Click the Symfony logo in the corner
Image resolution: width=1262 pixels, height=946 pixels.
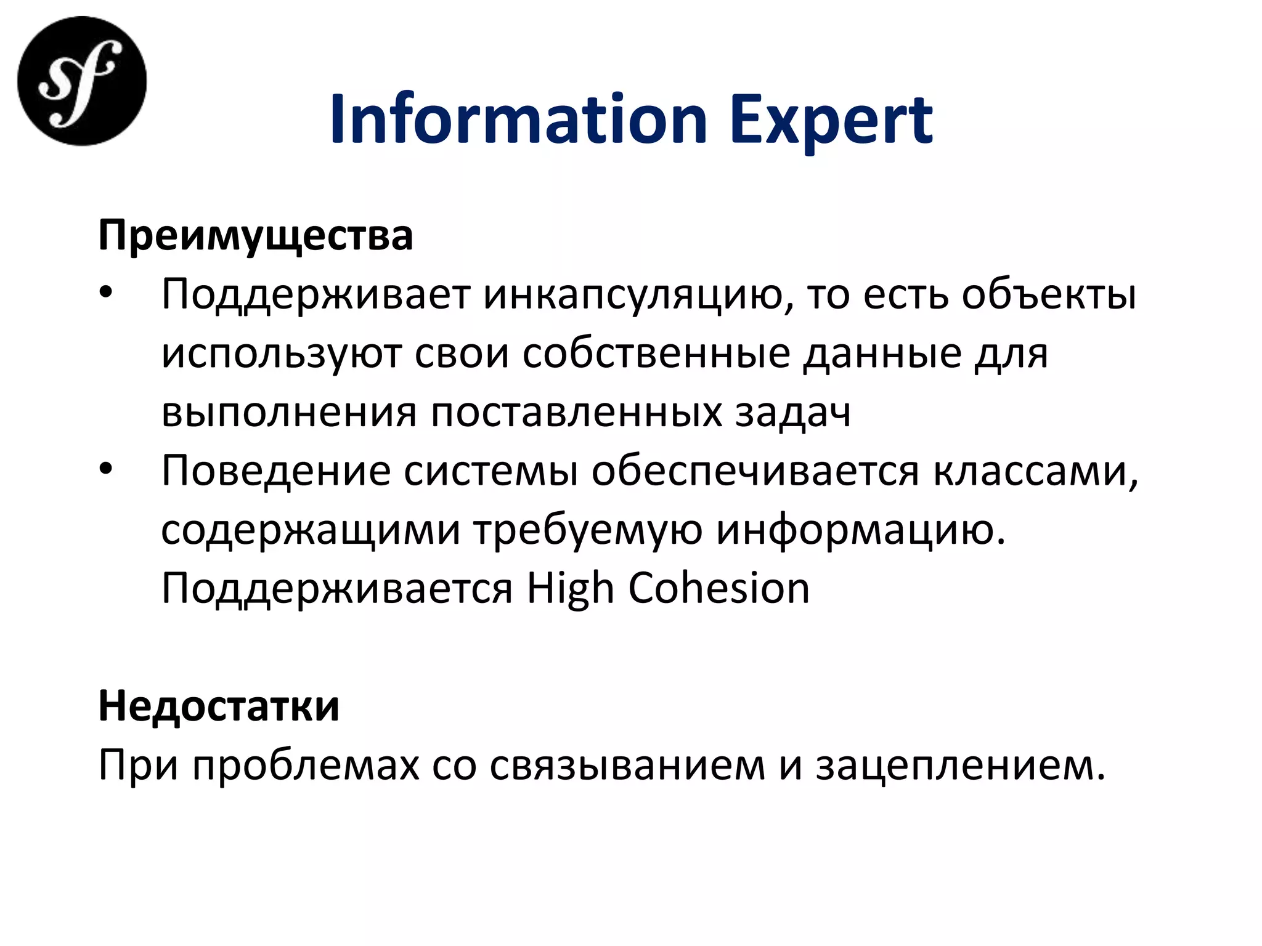82,81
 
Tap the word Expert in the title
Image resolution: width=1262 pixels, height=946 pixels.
831,121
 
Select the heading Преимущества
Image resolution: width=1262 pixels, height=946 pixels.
255,236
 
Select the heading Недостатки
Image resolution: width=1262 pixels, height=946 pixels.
219,706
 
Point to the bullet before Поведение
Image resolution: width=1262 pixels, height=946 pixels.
106,470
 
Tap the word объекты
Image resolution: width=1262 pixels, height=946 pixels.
1049,295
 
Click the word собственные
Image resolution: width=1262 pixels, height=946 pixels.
656,354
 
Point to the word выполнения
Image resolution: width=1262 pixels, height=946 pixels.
289,413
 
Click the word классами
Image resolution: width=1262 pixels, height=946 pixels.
1035,471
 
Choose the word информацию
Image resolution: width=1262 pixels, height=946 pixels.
860,530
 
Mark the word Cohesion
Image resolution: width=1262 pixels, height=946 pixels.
719,589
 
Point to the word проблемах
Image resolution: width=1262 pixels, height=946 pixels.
306,766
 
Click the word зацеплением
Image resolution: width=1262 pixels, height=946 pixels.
961,766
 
